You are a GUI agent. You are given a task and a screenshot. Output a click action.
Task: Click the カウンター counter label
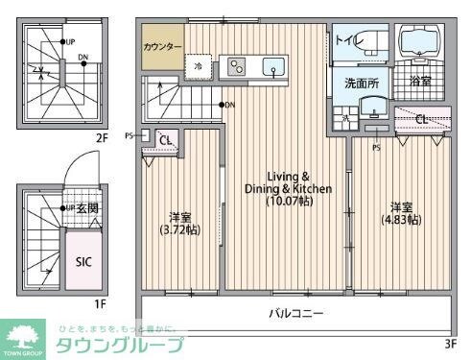[162, 46]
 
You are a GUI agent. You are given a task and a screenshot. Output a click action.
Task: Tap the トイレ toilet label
[346, 40]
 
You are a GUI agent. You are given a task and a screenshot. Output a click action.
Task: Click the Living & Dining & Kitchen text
[287, 189]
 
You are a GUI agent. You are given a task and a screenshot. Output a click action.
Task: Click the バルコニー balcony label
[295, 313]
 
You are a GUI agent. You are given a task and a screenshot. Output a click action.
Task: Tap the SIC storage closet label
[82, 259]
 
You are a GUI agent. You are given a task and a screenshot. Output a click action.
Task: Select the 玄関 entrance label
[87, 209]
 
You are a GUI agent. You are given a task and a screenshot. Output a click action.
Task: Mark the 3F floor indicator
[450, 342]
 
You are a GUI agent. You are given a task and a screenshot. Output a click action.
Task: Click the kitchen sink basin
[272, 67]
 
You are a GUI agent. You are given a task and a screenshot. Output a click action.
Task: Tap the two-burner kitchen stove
[236, 67]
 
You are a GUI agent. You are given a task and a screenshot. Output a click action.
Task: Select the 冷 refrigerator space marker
[198, 66]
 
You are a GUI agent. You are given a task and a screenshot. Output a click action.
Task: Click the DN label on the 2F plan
[83, 58]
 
